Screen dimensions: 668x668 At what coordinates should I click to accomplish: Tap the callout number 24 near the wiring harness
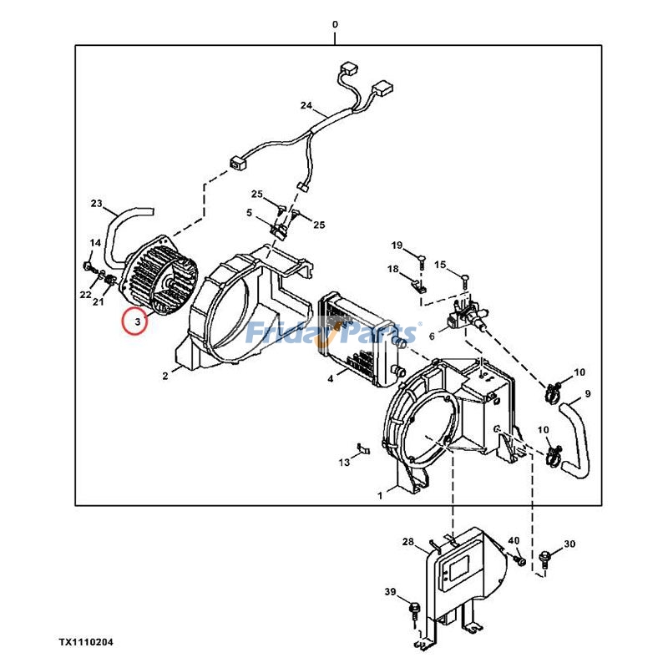306,105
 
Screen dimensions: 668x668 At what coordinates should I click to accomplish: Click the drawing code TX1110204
86,642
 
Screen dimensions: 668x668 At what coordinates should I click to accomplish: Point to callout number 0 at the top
335,25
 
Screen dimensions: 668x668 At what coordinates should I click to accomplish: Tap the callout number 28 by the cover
407,542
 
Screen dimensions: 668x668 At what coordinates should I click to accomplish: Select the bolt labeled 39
413,607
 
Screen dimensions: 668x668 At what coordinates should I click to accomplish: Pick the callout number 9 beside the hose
587,393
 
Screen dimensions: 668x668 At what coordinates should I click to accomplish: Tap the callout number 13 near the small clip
344,462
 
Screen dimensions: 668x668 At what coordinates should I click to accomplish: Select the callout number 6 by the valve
432,336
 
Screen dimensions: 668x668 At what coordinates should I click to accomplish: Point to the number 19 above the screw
397,245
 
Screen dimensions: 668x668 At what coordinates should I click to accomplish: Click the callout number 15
440,264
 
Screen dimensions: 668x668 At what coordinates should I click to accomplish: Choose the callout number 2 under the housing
165,377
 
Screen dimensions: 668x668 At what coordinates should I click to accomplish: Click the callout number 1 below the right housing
380,495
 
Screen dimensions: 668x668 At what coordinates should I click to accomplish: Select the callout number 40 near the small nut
514,541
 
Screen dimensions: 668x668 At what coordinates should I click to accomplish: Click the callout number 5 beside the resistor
249,213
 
